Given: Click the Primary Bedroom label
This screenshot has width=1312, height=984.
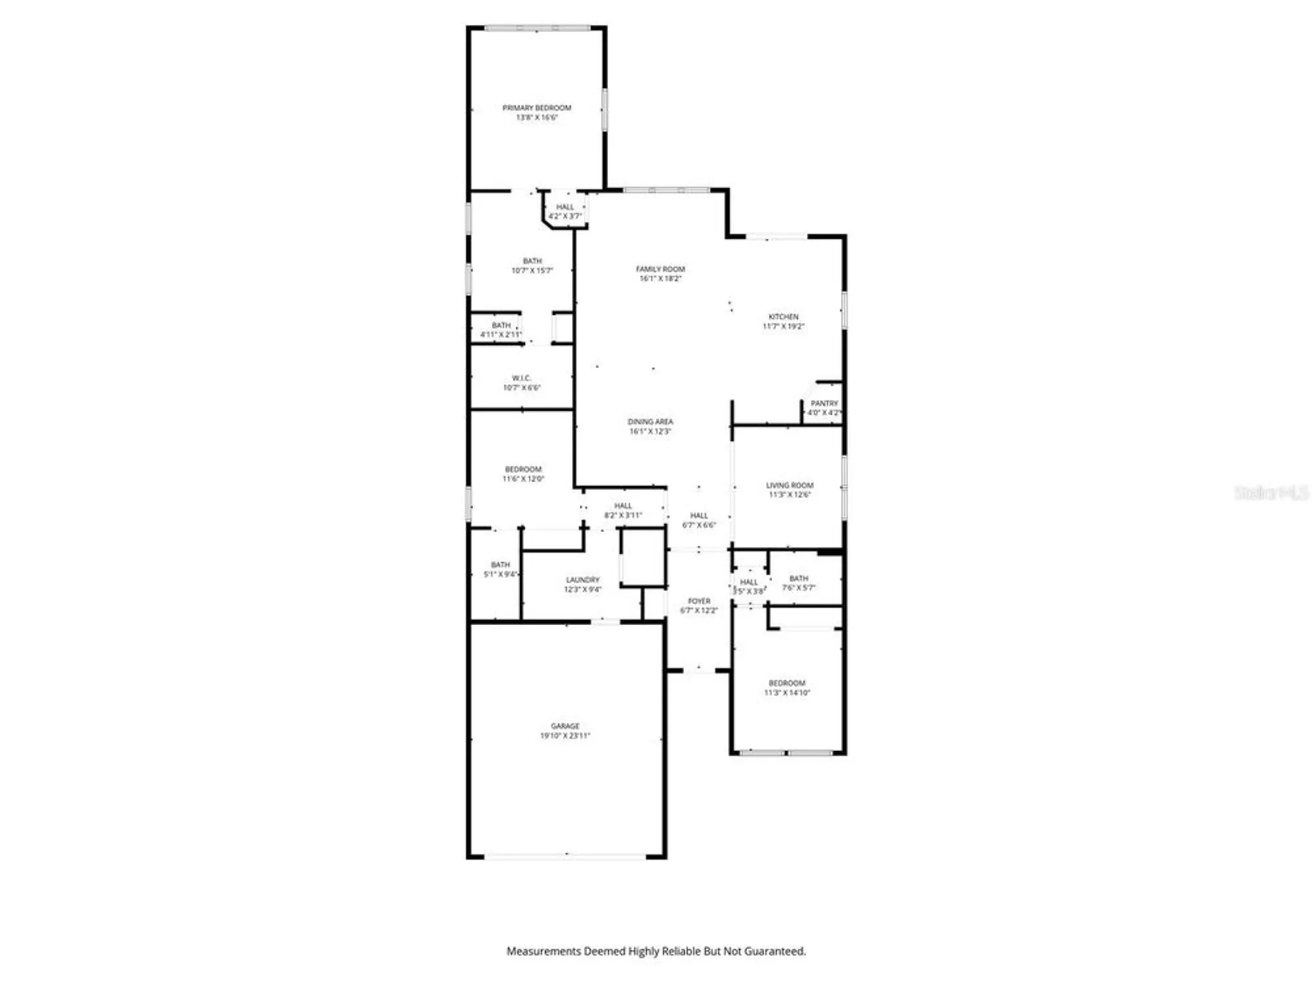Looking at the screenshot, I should click(537, 108).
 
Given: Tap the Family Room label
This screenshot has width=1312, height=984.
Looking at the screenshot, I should click(660, 269).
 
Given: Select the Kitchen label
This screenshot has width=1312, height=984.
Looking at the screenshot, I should click(783, 317).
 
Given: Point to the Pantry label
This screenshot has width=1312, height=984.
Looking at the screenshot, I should click(824, 403).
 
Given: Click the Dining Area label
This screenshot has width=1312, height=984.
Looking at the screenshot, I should click(650, 422).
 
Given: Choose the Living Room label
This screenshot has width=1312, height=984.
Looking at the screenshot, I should click(790, 485).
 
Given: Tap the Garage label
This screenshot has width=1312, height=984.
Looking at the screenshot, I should click(565, 726).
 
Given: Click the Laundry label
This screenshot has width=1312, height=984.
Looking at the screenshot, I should click(583, 580).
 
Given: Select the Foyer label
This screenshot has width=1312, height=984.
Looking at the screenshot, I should click(699, 601).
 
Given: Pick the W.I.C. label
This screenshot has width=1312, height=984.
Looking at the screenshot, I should click(522, 379).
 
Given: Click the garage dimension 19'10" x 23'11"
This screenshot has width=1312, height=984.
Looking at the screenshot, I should click(565, 736).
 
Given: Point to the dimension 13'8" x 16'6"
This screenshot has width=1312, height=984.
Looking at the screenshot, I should click(537, 117).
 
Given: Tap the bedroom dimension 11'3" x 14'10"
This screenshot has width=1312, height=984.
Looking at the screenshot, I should click(787, 693).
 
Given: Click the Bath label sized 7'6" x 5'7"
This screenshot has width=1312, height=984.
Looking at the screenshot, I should click(798, 579).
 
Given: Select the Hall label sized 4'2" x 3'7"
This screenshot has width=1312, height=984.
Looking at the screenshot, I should click(565, 207).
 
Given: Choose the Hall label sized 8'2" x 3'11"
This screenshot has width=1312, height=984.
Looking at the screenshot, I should click(623, 506).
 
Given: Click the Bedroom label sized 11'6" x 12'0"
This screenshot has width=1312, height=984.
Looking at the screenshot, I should click(523, 470).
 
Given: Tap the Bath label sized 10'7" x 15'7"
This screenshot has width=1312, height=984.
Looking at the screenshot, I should click(532, 261).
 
